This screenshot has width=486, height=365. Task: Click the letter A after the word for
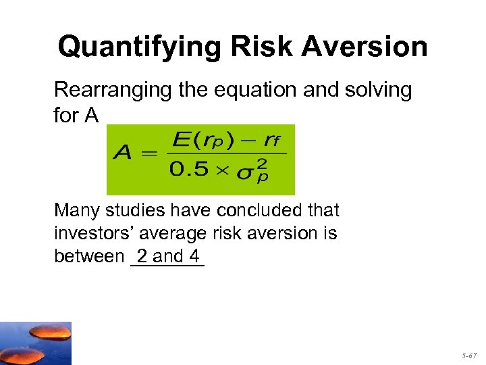pos(92,116)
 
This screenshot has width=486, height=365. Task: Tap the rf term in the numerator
pos(271,141)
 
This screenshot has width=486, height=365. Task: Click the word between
pos(86,257)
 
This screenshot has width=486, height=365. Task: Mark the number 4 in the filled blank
pos(194,256)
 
